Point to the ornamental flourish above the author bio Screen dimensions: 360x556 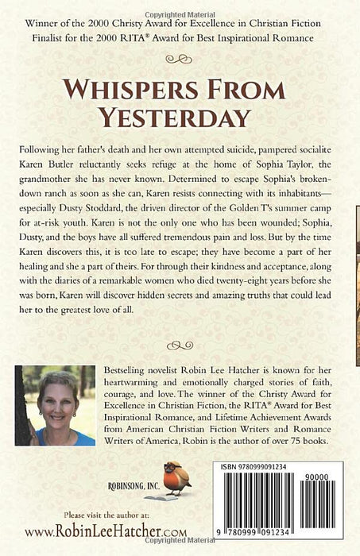180,344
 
